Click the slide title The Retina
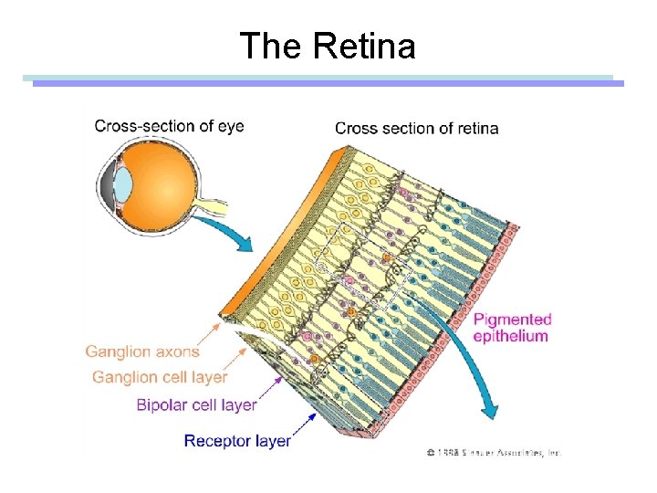click(x=328, y=45)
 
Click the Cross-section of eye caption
click(x=169, y=126)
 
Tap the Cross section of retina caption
click(x=416, y=128)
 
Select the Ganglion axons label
click(x=142, y=351)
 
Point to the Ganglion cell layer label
click(x=160, y=376)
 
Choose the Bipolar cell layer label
click(x=196, y=404)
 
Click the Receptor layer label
click(x=237, y=441)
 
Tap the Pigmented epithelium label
click(x=512, y=327)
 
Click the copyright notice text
click(x=493, y=451)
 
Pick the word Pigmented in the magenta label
click(x=512, y=319)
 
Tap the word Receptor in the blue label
click(x=216, y=441)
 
